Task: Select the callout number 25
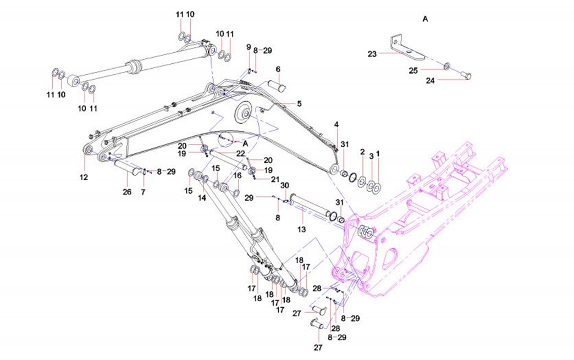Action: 413,70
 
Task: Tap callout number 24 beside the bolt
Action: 430,80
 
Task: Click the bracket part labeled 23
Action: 407,49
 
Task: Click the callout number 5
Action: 300,103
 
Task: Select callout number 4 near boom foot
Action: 336,125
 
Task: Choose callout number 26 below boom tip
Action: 128,191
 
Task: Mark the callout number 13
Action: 301,228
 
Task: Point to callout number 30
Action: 285,185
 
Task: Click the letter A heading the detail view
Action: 424,19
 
